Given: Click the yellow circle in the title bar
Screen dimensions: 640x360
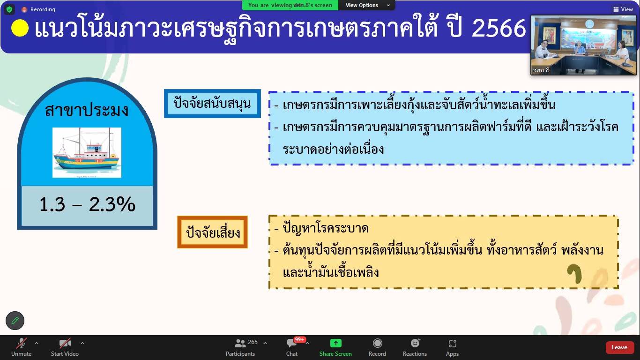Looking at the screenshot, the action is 20,28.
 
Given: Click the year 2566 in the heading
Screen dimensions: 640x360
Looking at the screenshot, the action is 499,28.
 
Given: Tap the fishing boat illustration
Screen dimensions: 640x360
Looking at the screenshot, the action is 87,152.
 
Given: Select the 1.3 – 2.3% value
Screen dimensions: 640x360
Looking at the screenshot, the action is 87,204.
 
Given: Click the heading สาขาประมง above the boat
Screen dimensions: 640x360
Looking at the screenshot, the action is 87,110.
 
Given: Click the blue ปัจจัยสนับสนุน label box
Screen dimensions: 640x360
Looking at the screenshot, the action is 212,104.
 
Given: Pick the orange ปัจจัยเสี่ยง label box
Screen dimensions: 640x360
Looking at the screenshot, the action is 213,232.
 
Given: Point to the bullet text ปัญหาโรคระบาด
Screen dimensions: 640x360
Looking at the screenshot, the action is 326,228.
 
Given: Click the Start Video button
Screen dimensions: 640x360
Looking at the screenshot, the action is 65,347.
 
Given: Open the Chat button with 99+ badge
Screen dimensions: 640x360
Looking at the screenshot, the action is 292,347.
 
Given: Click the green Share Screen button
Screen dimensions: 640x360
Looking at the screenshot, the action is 335,347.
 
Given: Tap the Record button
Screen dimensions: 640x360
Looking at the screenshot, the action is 377,347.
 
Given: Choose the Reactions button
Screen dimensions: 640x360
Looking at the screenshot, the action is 415,347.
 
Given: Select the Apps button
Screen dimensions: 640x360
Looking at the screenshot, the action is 452,347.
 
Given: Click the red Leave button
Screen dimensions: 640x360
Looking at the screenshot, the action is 619,347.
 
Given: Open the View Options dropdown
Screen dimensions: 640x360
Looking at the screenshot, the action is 367,5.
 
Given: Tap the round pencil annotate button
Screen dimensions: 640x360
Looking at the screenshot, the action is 15,321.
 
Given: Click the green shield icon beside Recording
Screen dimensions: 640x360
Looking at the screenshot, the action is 9,9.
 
